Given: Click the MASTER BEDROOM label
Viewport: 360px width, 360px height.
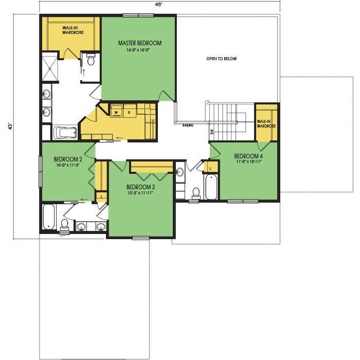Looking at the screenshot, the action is pos(140,43).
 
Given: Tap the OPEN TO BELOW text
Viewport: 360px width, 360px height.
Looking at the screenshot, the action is pos(221,59).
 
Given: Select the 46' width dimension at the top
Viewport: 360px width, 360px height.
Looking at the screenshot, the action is pos(158,5).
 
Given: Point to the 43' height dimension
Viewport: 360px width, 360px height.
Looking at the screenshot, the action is pos(10,127).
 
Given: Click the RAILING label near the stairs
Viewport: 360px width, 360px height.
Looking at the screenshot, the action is pos(188,125).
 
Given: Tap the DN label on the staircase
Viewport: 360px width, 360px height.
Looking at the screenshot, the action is pos(212,132).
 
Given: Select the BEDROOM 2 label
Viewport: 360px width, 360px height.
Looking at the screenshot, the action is pos(68,159).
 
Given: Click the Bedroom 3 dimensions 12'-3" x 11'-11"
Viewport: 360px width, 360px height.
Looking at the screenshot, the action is pos(140,193).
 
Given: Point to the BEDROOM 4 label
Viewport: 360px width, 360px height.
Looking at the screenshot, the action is pos(248,156).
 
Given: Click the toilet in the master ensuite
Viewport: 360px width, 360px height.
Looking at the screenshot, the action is pos(91,60).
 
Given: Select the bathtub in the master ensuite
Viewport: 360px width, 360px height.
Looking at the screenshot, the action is pos(65,133).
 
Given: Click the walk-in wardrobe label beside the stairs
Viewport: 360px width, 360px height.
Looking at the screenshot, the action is pos(266,124).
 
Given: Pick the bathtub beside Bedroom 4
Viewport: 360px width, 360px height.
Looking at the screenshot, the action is pos(211,187).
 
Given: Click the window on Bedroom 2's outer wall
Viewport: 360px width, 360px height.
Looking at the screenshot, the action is pos(41,171).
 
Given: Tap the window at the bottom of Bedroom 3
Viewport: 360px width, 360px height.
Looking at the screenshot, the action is pos(141,238).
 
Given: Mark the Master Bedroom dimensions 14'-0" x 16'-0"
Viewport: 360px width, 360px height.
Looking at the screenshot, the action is pos(138,50).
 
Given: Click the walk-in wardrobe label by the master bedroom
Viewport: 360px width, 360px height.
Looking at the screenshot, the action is pos(73,30).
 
